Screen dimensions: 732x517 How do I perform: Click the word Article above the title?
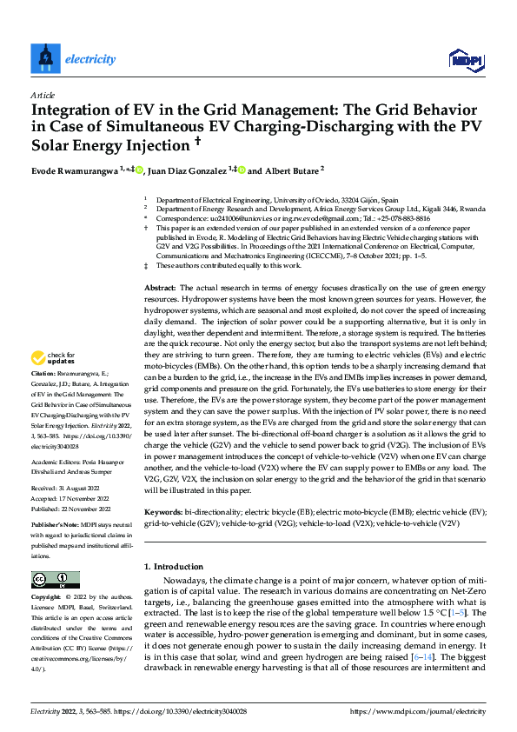click(x=43, y=95)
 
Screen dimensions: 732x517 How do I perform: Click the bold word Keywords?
click(x=162, y=512)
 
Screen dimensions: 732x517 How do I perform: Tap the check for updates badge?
click(x=51, y=382)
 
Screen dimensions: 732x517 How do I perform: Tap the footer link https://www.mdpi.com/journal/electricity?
click(x=417, y=711)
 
